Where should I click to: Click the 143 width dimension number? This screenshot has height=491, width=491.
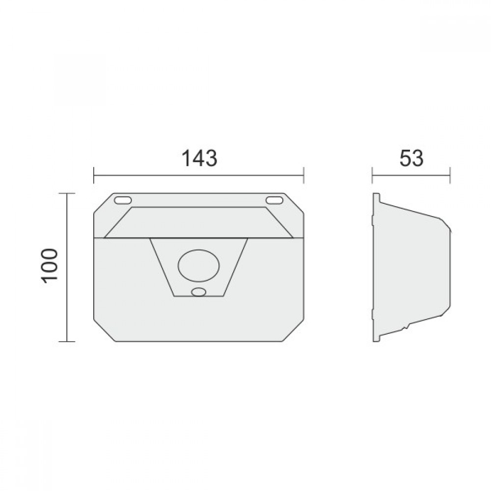pos(199,158)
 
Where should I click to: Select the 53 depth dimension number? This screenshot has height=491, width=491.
pos(411,158)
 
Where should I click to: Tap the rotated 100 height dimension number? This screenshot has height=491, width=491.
pos(50,266)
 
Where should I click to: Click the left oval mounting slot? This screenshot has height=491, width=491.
pos(123,200)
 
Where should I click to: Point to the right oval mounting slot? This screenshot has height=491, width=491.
pos(274,200)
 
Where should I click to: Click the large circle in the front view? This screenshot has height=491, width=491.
pos(198,266)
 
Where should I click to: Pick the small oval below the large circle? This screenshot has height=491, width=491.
pos(198,292)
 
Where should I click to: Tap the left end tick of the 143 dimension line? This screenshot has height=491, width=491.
pos(94,175)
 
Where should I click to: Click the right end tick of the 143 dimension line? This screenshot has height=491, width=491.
pos(304,175)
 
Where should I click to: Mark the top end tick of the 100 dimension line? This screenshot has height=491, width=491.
pos(67,194)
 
